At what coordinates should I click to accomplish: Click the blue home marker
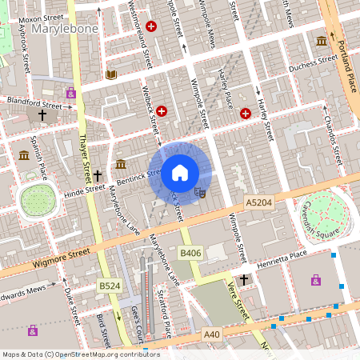[180, 172]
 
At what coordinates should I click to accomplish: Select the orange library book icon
[111, 74]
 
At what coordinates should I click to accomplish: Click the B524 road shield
[109, 286]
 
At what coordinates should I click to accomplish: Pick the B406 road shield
[190, 254]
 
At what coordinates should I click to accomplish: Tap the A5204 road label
[259, 204]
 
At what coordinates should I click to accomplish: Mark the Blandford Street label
[34, 102]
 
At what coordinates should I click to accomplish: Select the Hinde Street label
[85, 190]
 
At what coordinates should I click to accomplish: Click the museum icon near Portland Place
[321, 41]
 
